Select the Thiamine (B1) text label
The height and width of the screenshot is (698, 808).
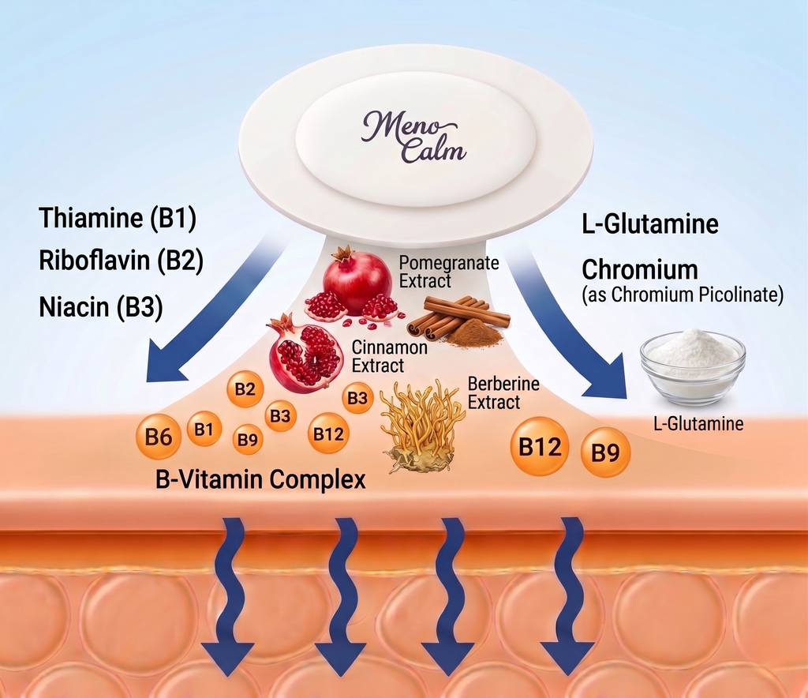tap(118, 218)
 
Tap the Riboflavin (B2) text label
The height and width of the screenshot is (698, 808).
tap(121, 261)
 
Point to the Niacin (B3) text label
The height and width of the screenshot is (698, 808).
tap(101, 306)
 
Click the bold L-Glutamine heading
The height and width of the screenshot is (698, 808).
tap(649, 224)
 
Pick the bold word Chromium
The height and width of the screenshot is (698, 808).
tap(640, 269)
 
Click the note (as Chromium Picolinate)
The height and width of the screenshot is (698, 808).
tap(683, 295)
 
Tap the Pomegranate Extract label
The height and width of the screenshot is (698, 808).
tap(448, 272)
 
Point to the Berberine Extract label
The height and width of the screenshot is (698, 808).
tap(503, 392)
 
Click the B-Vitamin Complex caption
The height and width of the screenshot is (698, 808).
tap(260, 479)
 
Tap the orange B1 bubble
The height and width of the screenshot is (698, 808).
tap(204, 430)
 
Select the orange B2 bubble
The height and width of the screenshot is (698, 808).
tap(245, 388)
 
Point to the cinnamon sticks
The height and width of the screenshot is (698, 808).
tap(458, 313)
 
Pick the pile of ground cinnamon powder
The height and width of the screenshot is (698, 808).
tap(475, 335)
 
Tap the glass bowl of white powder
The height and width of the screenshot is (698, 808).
tap(692, 366)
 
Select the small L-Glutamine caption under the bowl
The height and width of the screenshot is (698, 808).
tap(698, 424)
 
